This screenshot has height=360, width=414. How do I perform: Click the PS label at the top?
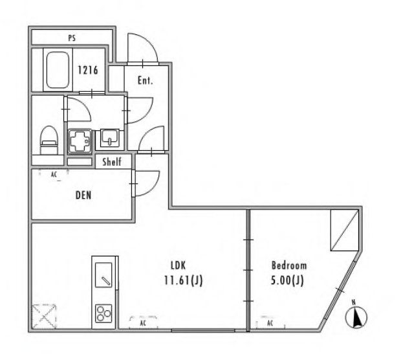(72, 38)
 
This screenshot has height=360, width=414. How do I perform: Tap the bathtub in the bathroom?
(59, 71)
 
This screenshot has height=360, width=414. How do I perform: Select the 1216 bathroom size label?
(88, 71)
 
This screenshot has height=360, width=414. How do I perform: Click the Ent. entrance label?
(146, 81)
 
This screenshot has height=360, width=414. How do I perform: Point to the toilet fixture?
(49, 139)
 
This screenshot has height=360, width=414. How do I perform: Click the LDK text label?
(179, 265)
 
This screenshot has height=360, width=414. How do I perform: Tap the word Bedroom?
(289, 265)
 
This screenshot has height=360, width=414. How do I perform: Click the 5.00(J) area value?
(289, 280)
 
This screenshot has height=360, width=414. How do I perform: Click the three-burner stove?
(104, 314)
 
